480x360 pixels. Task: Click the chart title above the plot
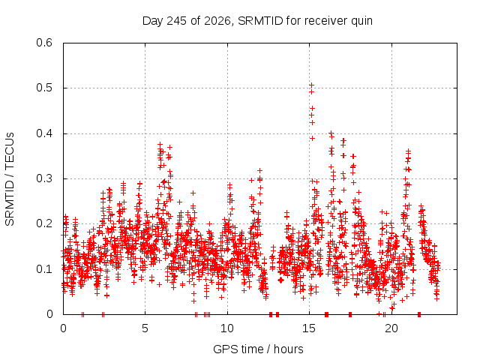coord(257,21)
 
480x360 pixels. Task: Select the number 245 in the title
coord(175,21)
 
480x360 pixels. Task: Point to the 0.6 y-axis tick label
coord(44,43)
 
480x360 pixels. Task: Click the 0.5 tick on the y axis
coord(44,88)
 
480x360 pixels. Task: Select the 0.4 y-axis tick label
coord(44,133)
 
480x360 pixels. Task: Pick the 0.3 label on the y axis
coord(44,178)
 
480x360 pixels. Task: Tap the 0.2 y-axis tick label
coord(44,223)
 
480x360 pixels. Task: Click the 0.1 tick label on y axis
coord(44,269)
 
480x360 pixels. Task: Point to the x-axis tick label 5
coord(145,328)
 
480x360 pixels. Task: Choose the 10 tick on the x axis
coord(226,328)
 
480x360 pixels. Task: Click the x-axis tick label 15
coord(309,328)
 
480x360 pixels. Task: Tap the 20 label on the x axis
coord(391,328)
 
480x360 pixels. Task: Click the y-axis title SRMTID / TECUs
coord(10,179)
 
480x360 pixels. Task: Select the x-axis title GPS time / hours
coord(258,349)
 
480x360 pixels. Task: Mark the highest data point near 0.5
coord(312,85)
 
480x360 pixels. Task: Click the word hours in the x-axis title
coord(288,349)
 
